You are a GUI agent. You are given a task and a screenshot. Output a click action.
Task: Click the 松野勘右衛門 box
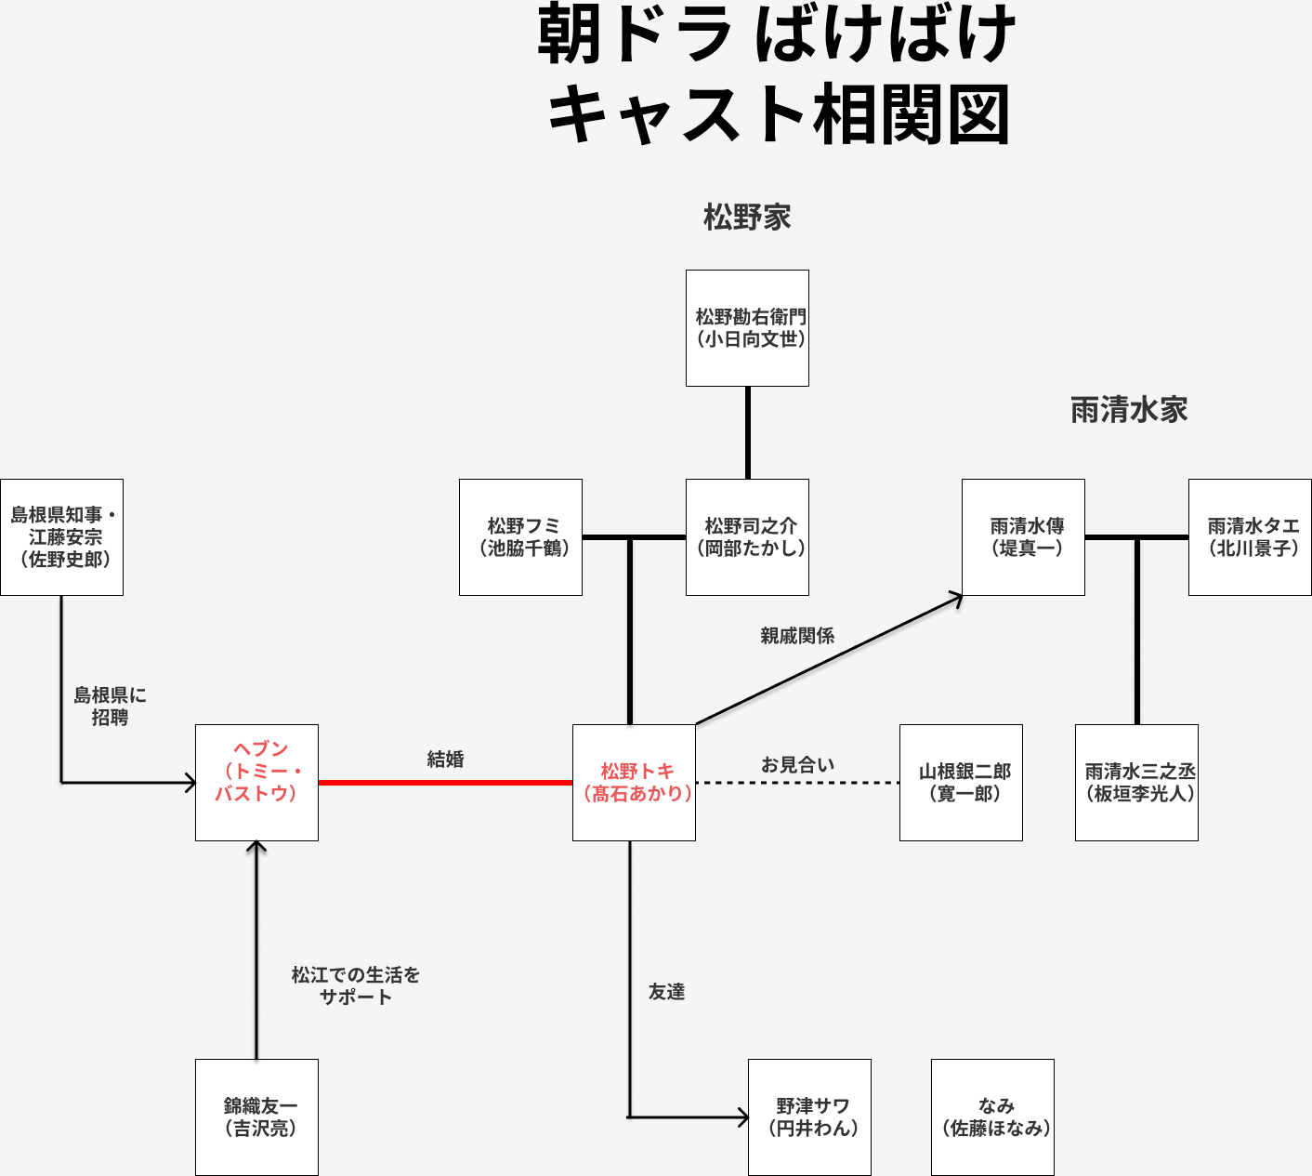pos(747,328)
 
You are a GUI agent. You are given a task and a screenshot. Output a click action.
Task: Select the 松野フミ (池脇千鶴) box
pos(520,537)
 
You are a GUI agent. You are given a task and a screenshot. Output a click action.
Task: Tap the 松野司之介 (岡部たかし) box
pos(747,537)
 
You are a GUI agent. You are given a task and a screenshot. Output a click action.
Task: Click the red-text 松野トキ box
pos(634,783)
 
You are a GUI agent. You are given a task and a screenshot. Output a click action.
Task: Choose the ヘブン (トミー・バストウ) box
pos(256,783)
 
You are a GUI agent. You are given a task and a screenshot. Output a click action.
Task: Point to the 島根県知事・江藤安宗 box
pos(61,537)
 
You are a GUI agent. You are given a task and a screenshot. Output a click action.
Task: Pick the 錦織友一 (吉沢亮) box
pos(256,1117)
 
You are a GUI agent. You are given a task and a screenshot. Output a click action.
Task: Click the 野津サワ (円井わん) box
pos(809,1117)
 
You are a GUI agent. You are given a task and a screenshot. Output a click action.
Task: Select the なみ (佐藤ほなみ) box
pos(992,1117)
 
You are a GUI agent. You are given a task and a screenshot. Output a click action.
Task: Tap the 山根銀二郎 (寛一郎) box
pos(961,783)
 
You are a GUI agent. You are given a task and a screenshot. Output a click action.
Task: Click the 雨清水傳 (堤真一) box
pos(1023,537)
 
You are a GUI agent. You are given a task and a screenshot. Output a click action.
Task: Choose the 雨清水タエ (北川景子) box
pos(1250,537)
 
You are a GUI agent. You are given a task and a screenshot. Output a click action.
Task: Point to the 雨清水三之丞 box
pos(1136,783)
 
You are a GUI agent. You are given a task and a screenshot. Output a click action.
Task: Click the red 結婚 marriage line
pos(445,783)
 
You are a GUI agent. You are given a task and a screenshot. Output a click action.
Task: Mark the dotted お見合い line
pos(797,783)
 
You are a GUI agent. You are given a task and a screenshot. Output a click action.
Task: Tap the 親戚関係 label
pos(797,636)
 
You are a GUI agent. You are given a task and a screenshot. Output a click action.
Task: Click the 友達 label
pos(666,992)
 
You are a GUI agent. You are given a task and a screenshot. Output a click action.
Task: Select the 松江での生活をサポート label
pos(356,985)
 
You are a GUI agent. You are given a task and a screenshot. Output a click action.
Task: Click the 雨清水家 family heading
pos(1129,410)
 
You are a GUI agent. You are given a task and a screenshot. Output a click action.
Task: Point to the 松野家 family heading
pos(747,218)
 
